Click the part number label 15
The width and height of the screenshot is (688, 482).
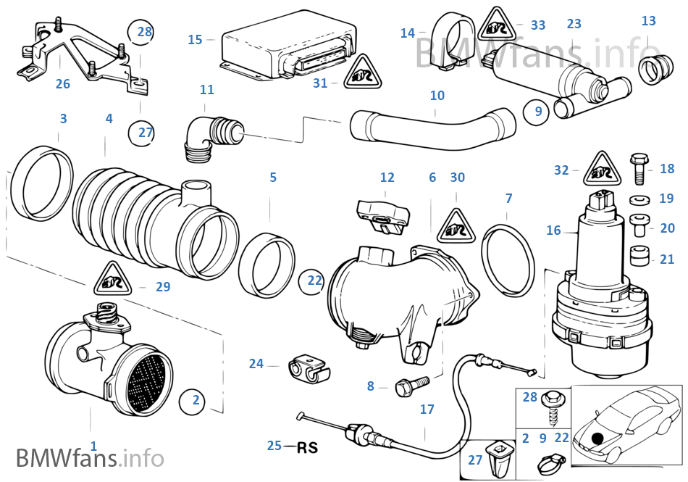(x=195, y=39)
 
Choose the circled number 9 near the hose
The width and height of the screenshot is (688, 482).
(x=537, y=112)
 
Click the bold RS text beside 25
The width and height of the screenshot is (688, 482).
(x=308, y=446)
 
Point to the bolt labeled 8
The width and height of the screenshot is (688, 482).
(x=404, y=386)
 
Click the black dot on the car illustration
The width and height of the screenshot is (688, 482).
(x=596, y=438)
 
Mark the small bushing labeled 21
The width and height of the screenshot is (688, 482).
(x=638, y=258)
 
